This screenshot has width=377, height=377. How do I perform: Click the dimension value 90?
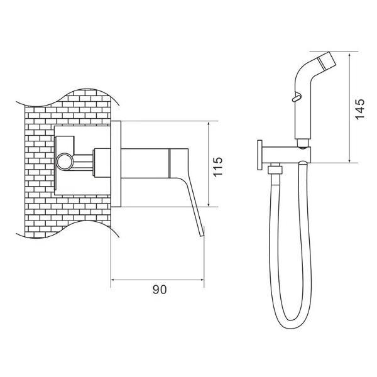coord(160,290)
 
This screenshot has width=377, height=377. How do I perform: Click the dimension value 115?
coord(218,167)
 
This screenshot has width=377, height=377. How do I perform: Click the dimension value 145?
coord(359,109)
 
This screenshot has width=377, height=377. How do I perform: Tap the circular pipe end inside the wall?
coord(64,161)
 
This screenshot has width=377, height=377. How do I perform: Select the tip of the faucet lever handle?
coord(202,236)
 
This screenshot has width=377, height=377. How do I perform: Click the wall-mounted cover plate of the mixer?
coord(116,164)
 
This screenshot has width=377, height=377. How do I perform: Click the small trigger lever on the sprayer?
coord(296,98)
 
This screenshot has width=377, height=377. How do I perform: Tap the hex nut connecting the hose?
coord(275,170)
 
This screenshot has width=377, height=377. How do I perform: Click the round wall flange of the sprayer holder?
coord(260,155)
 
